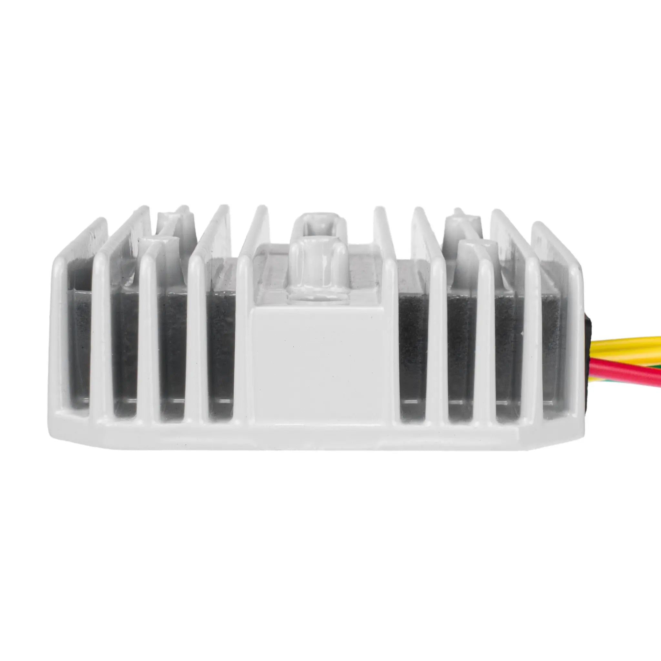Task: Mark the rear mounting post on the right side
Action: coord(458,222)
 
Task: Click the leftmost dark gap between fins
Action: coord(79,342)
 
